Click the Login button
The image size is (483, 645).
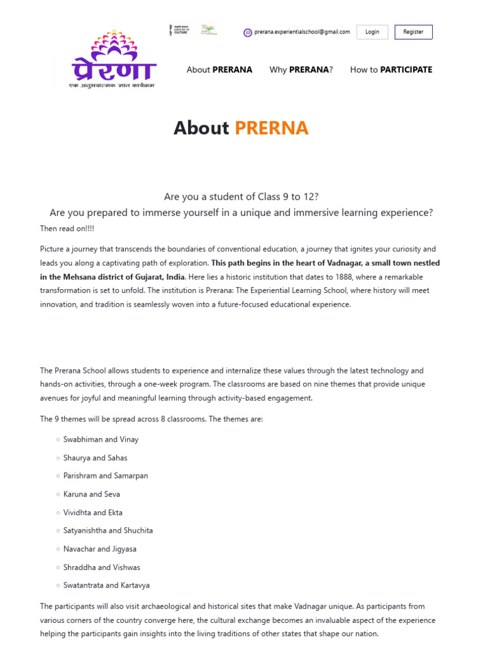[x=372, y=32]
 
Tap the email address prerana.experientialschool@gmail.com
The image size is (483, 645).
[x=302, y=32]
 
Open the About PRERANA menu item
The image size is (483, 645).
[x=219, y=70]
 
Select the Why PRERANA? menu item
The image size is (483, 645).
[x=301, y=70]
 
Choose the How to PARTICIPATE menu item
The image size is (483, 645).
[x=391, y=70]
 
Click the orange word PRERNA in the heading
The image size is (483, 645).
[x=272, y=128]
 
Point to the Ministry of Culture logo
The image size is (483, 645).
[x=179, y=30]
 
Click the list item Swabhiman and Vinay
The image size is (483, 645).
[x=101, y=440]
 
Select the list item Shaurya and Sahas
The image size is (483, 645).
[x=95, y=458]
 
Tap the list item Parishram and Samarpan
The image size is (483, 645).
[x=106, y=476]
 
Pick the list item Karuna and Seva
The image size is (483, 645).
[x=91, y=494]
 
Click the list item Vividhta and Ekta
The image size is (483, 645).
[x=92, y=513]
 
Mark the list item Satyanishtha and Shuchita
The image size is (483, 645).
[x=108, y=531]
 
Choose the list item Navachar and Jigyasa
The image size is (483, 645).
[x=99, y=549]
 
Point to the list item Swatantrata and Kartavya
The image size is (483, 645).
[x=106, y=586]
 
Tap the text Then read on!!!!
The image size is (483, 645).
[x=67, y=229]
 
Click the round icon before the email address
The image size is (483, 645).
[x=248, y=33]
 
